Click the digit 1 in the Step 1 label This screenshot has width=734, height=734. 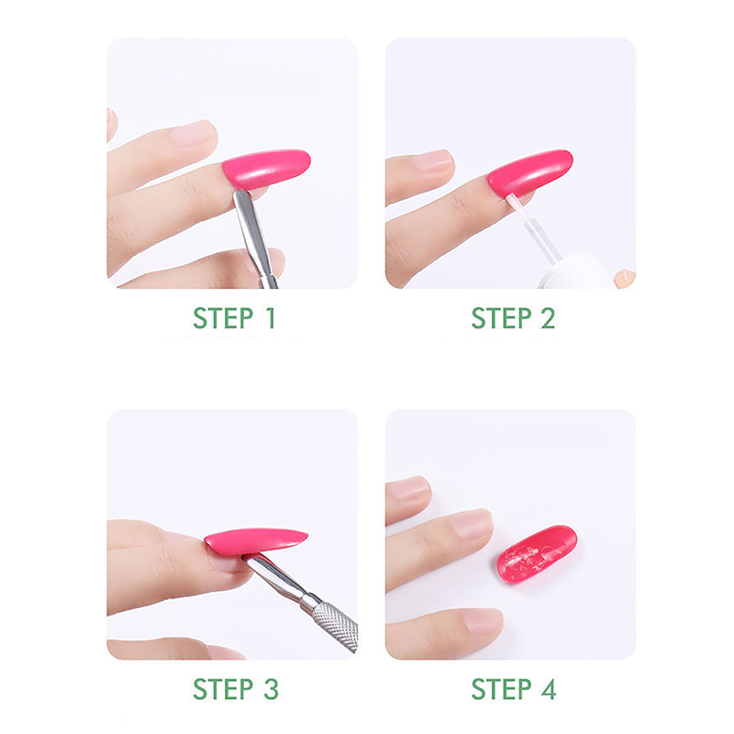(270, 318)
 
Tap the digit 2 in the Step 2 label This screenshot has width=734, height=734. (548, 318)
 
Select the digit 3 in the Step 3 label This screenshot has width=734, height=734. (271, 689)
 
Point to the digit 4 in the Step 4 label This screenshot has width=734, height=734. (549, 689)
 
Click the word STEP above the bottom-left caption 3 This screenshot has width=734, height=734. (223, 689)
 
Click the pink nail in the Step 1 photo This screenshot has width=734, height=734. (266, 169)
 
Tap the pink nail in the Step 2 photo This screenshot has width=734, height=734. (530, 172)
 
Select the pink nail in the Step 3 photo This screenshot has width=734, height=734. (256, 541)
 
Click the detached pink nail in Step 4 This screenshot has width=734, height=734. (537, 555)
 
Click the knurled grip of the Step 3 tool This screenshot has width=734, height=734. (336, 627)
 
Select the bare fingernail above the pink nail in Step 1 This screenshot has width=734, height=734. (193, 133)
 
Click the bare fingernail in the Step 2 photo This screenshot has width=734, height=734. (433, 161)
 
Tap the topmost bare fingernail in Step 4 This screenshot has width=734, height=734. (408, 488)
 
